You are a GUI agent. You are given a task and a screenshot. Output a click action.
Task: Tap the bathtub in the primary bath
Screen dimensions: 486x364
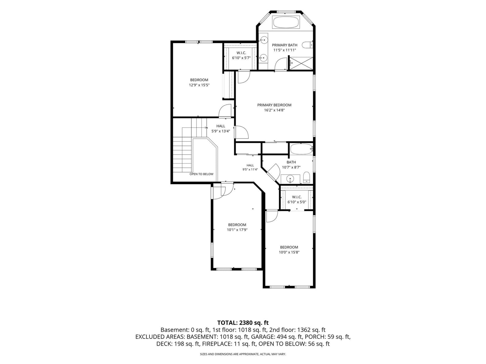[286, 22]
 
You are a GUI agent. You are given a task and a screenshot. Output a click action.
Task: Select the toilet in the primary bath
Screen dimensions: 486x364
[307, 45]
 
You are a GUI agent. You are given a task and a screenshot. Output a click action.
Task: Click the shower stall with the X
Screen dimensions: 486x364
[301, 63]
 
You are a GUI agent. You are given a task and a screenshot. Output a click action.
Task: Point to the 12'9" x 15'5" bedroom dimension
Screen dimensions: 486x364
[199, 85]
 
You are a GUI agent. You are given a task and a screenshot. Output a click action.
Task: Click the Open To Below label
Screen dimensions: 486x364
[201, 174]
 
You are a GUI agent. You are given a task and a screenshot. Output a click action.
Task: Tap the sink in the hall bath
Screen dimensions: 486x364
[290, 179]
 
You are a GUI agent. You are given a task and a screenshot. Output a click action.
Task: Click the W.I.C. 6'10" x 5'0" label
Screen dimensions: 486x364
[297, 199]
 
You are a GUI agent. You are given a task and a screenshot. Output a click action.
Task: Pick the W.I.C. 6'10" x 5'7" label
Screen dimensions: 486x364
[241, 55]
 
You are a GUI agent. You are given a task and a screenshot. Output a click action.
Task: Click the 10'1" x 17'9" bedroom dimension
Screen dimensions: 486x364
[237, 230]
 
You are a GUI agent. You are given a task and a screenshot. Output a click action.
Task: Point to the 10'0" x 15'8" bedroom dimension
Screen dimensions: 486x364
[289, 252]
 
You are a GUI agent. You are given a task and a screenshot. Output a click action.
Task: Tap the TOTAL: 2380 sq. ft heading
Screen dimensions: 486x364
[243, 323]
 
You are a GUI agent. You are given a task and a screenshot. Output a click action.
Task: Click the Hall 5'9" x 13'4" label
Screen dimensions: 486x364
[221, 128]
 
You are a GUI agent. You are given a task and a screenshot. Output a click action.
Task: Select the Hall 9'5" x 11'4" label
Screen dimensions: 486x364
[250, 167]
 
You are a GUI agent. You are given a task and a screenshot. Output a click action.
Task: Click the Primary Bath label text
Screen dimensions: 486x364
[285, 45]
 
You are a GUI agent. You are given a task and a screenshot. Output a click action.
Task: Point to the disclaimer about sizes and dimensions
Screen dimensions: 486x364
[243, 354]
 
